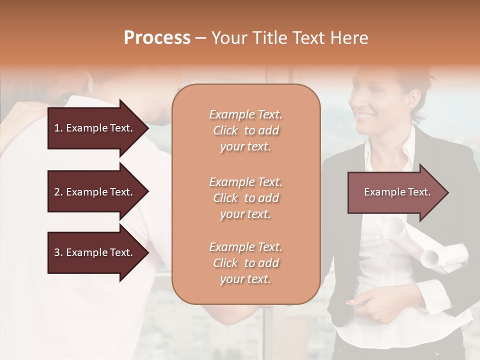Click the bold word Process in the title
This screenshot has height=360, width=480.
coord(157,37)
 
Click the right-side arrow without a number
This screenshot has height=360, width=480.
coord(395,192)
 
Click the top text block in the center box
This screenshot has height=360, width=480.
coord(245,130)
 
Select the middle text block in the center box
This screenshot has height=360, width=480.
coord(245,198)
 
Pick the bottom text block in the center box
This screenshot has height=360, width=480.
coord(245,263)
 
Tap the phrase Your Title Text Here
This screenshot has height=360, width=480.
coord(290,37)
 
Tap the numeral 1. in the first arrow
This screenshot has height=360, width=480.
coord(58,128)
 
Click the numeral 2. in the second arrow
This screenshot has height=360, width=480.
coord(58,192)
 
